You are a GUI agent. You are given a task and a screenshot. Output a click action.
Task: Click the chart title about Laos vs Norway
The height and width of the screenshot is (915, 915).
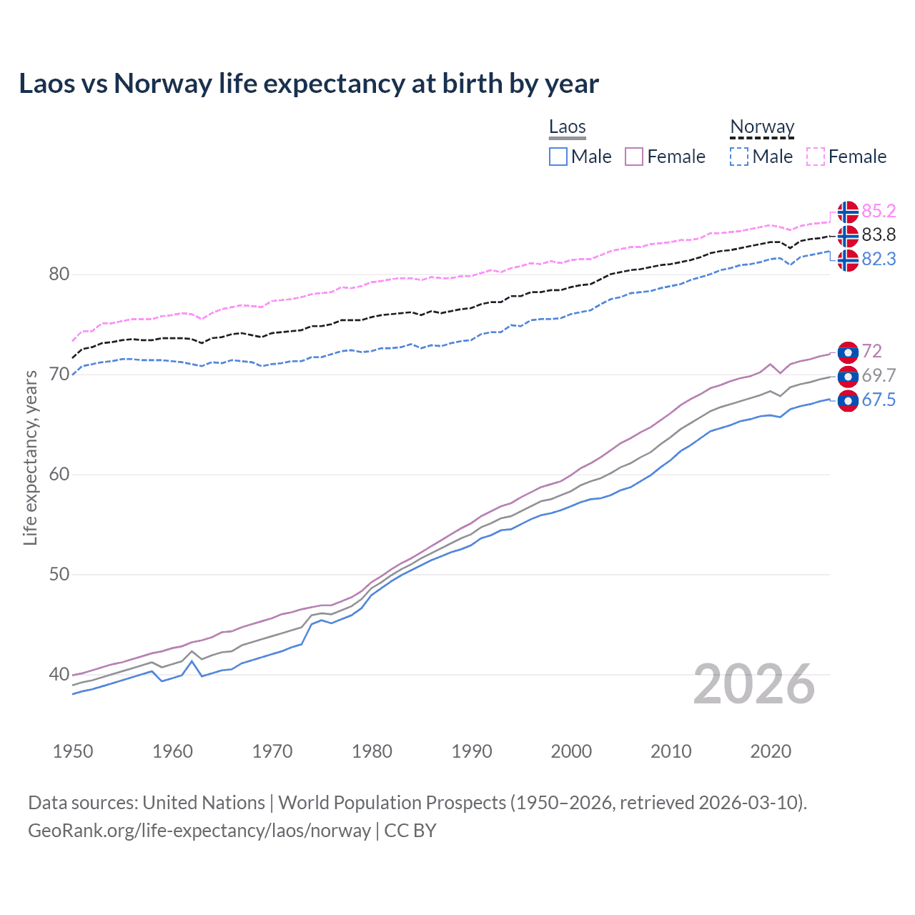point(308,84)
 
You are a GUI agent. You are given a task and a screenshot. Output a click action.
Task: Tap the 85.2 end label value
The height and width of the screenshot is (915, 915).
point(879,211)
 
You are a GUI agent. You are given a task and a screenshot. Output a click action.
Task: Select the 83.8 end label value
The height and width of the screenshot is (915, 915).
point(879,234)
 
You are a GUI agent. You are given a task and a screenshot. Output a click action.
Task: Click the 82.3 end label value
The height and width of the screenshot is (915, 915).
point(879,259)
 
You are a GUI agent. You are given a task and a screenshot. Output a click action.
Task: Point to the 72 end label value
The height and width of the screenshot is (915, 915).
point(872,351)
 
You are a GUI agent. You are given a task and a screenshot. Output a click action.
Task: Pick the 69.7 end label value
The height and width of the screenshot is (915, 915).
point(879,375)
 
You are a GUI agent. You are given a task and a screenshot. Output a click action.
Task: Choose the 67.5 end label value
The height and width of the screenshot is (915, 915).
point(879,400)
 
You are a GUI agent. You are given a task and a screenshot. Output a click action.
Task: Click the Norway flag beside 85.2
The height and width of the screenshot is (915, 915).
point(847,212)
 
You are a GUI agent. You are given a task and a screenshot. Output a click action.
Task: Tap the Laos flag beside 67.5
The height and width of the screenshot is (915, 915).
point(847,401)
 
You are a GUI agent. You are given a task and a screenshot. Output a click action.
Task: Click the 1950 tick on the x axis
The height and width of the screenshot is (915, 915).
point(73,751)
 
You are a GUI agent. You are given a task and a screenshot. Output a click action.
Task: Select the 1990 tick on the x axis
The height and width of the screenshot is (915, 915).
point(472,751)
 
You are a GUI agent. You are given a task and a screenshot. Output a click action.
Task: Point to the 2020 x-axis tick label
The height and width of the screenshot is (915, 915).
point(771,751)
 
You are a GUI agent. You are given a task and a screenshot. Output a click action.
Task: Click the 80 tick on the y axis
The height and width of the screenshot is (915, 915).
point(59,274)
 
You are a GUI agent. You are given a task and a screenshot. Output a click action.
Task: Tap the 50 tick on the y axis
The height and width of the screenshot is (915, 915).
point(59,575)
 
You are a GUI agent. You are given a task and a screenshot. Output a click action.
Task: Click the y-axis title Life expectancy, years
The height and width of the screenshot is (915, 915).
point(30,457)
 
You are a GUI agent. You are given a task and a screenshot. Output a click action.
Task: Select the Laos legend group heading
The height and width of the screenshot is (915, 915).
point(567,127)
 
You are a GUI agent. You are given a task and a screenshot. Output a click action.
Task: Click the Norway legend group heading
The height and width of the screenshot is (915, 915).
point(762,127)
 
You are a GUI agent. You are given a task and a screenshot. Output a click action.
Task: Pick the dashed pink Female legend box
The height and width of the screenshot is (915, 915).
point(816,157)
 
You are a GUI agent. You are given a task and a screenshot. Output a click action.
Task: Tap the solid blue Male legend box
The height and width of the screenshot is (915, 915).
point(558,157)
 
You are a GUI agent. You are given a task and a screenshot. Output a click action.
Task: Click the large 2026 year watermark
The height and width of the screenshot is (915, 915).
point(754,684)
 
